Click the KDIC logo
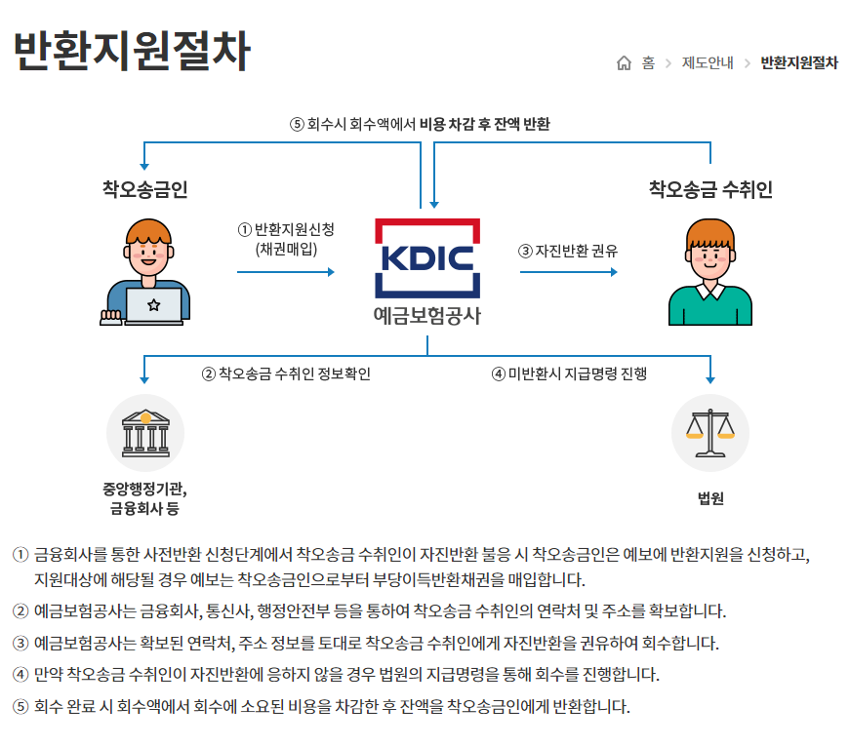tap(427, 258)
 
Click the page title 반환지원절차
tap(131, 52)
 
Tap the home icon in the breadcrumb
tap(625, 63)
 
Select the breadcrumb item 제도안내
tap(707, 63)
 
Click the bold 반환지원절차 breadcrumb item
tap(798, 63)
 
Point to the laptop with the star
tap(153, 304)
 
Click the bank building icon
tap(145, 433)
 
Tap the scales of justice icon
tap(709, 433)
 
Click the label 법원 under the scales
tap(710, 498)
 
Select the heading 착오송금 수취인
tap(710, 189)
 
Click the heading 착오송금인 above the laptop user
tap(145, 188)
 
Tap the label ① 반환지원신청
tap(286, 230)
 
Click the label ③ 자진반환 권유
tap(568, 251)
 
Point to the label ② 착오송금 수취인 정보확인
tap(286, 373)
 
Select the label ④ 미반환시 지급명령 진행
tap(569, 373)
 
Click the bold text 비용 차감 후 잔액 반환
tap(485, 124)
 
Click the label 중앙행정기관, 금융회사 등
tap(145, 498)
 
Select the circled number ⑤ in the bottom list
tap(20, 707)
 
